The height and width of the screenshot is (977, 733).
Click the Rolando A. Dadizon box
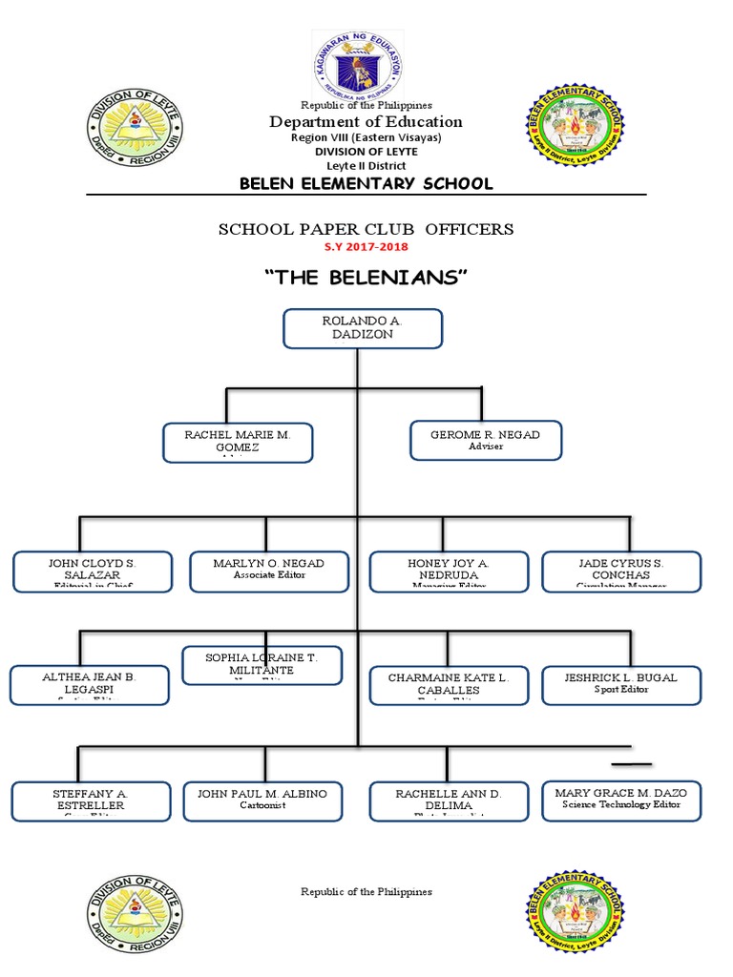(363, 328)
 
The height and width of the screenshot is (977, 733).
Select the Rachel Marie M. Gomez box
(237, 443)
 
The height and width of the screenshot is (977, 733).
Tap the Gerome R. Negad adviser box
(485, 440)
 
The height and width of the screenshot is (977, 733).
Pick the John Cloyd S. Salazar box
(92, 571)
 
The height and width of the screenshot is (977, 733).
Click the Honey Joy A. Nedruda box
(449, 571)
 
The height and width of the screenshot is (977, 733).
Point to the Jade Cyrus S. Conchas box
(621, 571)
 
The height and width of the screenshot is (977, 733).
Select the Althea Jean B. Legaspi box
(90, 685)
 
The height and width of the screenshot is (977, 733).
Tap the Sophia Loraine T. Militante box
(262, 665)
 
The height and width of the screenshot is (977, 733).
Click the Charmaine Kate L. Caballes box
(449, 685)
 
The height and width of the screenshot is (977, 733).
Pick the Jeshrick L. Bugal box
(621, 684)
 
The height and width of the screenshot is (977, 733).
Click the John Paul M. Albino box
(262, 800)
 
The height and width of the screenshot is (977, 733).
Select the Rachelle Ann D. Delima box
(449, 801)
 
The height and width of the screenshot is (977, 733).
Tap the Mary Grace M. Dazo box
(620, 800)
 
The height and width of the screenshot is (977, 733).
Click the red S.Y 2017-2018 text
(366, 247)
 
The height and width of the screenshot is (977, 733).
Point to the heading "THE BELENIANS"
(366, 278)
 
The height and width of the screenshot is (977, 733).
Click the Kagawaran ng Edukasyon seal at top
(358, 64)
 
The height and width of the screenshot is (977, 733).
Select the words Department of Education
(366, 121)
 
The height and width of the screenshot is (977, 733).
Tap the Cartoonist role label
(262, 805)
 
